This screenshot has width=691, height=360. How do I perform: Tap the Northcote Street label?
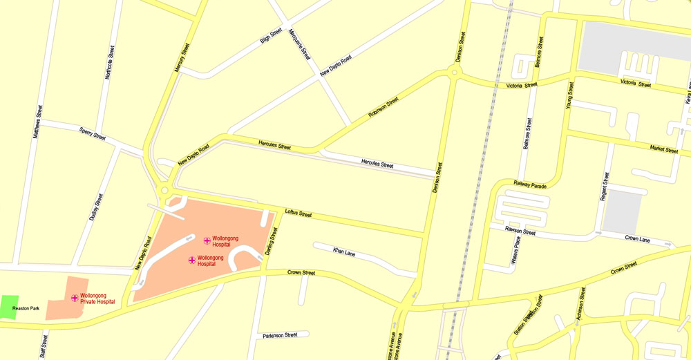tap(109, 63)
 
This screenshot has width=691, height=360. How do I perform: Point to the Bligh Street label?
tap(271, 36)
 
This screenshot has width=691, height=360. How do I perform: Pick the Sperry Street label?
tap(93, 133)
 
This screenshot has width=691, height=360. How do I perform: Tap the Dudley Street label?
tap(97, 207)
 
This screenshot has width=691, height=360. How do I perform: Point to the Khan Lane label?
tap(343, 251)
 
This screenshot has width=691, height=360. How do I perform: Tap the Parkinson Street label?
tap(280, 335)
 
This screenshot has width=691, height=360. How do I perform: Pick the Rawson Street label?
tap(520, 231)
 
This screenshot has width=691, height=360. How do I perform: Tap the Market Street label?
tap(664, 149)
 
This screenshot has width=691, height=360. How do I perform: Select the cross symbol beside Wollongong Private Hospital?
tap(75, 298)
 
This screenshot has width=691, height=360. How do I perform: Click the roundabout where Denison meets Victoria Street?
tap(455, 72)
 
